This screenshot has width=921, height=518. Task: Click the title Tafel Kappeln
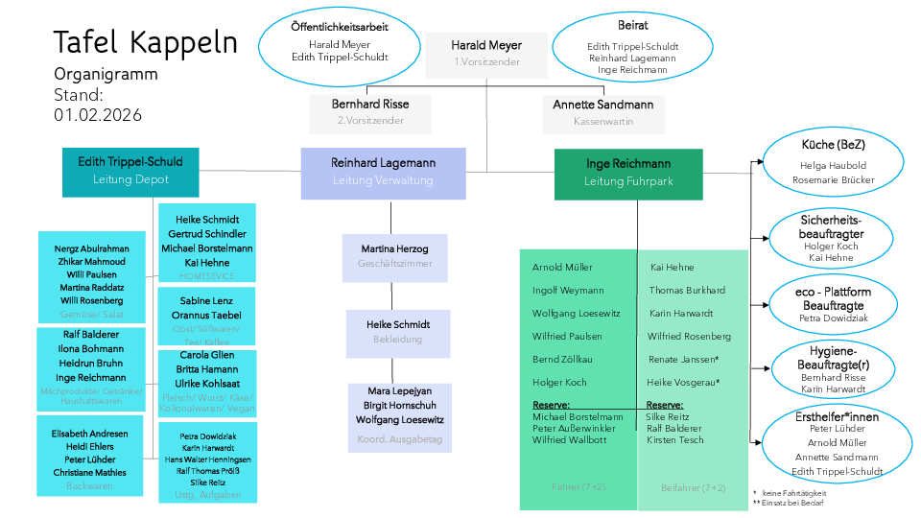coord(145,43)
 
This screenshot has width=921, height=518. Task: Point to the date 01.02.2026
coord(98,115)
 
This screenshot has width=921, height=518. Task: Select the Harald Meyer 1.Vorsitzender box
coord(486,53)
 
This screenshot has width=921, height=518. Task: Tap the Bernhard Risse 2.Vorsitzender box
coord(369,111)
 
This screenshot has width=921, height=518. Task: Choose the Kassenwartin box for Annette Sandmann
coord(602,111)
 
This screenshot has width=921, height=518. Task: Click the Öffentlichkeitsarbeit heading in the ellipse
coord(340,27)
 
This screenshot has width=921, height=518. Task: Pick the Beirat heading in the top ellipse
coord(633,26)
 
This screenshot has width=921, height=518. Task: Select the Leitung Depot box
coord(130,170)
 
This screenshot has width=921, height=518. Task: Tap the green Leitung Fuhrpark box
coord(628,172)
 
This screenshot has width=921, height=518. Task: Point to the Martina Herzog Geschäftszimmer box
coord(394,255)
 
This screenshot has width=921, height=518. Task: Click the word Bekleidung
coord(397,340)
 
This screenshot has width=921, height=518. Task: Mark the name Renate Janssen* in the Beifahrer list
coord(683,360)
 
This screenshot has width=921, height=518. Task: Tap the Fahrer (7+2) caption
coord(578,487)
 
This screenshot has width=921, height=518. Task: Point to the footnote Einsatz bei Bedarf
coord(792,503)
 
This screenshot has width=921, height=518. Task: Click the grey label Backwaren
coord(89,486)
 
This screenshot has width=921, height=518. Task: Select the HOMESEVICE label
coord(206,276)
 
